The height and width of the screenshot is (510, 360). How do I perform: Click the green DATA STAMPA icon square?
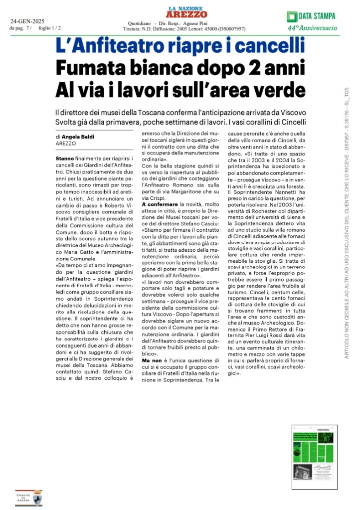coord(292,16)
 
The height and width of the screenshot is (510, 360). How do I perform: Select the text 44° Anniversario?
coord(312,28)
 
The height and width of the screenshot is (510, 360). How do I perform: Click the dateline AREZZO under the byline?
coord(66,143)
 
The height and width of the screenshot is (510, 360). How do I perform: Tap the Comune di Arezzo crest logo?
coord(29,497)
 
